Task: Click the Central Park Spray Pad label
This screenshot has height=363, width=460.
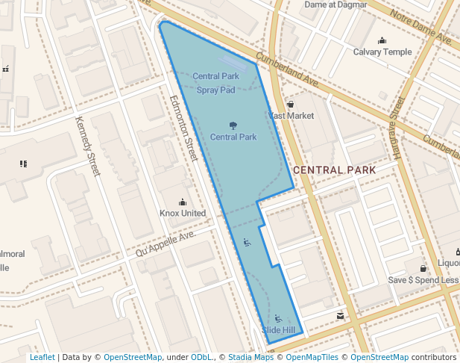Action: pyautogui.click(x=215, y=83)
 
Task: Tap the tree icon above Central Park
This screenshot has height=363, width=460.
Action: pyautogui.click(x=233, y=125)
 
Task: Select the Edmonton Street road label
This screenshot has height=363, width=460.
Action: pyautogui.click(x=183, y=128)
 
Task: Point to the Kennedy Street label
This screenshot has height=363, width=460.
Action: pyautogui.click(x=88, y=146)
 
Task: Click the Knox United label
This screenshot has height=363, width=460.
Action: pyautogui.click(x=183, y=213)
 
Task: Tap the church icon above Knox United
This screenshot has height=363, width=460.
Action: pyautogui.click(x=183, y=202)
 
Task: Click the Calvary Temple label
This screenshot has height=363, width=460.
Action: pyautogui.click(x=382, y=52)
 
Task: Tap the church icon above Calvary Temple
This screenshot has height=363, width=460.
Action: pyautogui.click(x=382, y=40)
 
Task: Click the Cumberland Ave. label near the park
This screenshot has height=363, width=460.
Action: pyautogui.click(x=288, y=70)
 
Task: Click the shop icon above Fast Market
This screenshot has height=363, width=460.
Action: pyautogui.click(x=291, y=105)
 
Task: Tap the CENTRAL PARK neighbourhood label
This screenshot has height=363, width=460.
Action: pyautogui.click(x=334, y=170)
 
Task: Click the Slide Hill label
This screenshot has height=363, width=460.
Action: pyautogui.click(x=278, y=330)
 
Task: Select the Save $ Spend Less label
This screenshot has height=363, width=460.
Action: pyautogui.click(x=423, y=280)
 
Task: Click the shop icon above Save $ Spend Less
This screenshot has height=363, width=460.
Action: pyautogui.click(x=423, y=268)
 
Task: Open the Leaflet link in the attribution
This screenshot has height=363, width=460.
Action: pyautogui.click(x=42, y=357)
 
